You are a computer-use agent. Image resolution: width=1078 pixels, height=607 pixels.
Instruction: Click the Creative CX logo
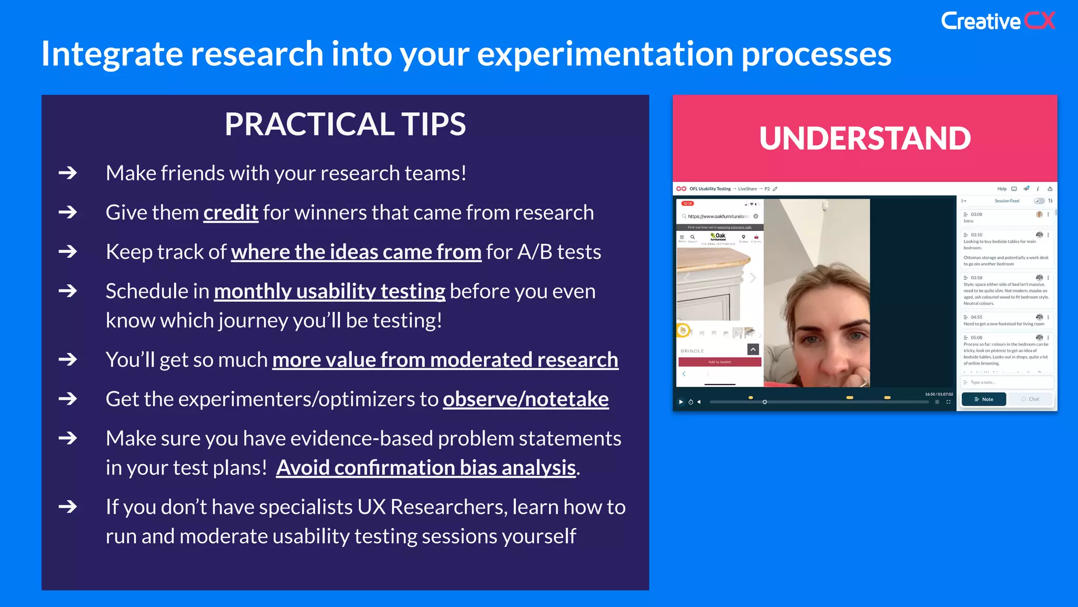[x=997, y=21]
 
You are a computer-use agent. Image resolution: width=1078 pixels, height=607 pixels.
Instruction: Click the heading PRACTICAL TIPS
[x=345, y=124]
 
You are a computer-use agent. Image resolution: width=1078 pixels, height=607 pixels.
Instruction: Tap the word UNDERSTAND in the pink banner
[x=865, y=139]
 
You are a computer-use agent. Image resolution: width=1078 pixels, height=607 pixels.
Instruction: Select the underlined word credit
[x=231, y=213]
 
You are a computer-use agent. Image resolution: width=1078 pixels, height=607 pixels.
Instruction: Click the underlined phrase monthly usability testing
[x=330, y=291]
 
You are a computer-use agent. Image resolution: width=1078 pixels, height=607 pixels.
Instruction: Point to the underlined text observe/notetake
[x=525, y=399]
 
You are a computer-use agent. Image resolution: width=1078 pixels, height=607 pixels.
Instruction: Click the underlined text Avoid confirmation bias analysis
[x=426, y=468]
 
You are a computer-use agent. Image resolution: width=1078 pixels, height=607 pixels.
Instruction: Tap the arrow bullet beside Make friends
[x=68, y=173]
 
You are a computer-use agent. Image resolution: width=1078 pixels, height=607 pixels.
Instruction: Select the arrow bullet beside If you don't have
[x=68, y=507]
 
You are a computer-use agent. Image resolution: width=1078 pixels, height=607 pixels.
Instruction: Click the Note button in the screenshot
[x=983, y=399]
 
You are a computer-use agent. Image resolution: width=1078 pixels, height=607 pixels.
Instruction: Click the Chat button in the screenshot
[x=1030, y=399]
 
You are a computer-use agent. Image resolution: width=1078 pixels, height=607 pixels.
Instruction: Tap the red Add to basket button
[x=720, y=362]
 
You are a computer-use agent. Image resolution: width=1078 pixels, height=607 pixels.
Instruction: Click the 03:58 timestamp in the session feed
[x=976, y=278]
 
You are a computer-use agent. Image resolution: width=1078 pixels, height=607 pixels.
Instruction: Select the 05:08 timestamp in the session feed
[x=976, y=338]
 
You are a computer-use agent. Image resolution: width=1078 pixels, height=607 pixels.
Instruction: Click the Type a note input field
[x=1005, y=383]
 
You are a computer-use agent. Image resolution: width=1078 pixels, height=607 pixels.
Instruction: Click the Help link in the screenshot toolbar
[x=1001, y=189]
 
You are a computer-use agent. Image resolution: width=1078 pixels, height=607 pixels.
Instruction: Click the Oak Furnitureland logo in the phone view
[x=718, y=237]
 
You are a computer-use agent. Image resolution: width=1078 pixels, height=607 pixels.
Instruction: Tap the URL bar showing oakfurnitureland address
[x=718, y=217]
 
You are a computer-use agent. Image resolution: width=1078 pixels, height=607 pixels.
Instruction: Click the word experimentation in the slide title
[x=605, y=54]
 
